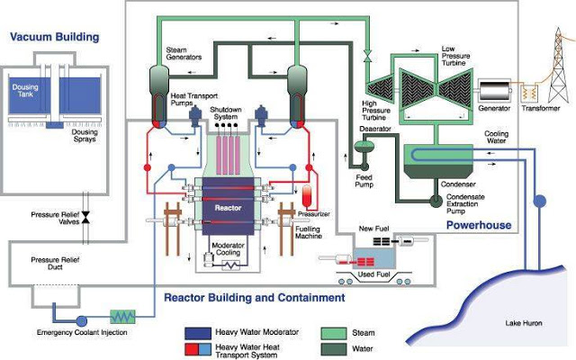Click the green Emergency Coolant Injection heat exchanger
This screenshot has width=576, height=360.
(x=121, y=317)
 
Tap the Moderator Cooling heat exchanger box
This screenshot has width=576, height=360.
(x=233, y=266)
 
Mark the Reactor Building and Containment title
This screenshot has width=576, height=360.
(x=254, y=297)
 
